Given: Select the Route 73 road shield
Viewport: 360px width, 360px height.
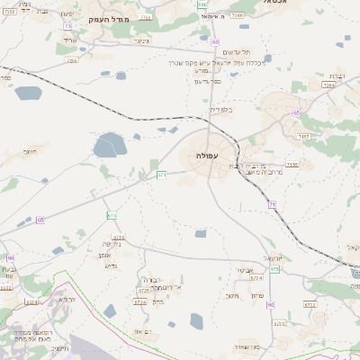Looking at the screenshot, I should pos(68,27).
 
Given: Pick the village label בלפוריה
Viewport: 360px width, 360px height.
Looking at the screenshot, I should pos(220,110).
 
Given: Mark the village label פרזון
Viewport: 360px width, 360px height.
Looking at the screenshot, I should pos(257,296).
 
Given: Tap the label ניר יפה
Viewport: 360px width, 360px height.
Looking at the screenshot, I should pos(111,243).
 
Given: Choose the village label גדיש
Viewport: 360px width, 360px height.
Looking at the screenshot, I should pos(111,265).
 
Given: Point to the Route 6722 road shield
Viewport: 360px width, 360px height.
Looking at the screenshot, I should pos(310,304).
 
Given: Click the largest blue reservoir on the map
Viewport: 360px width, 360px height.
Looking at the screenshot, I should pos(110,143).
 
